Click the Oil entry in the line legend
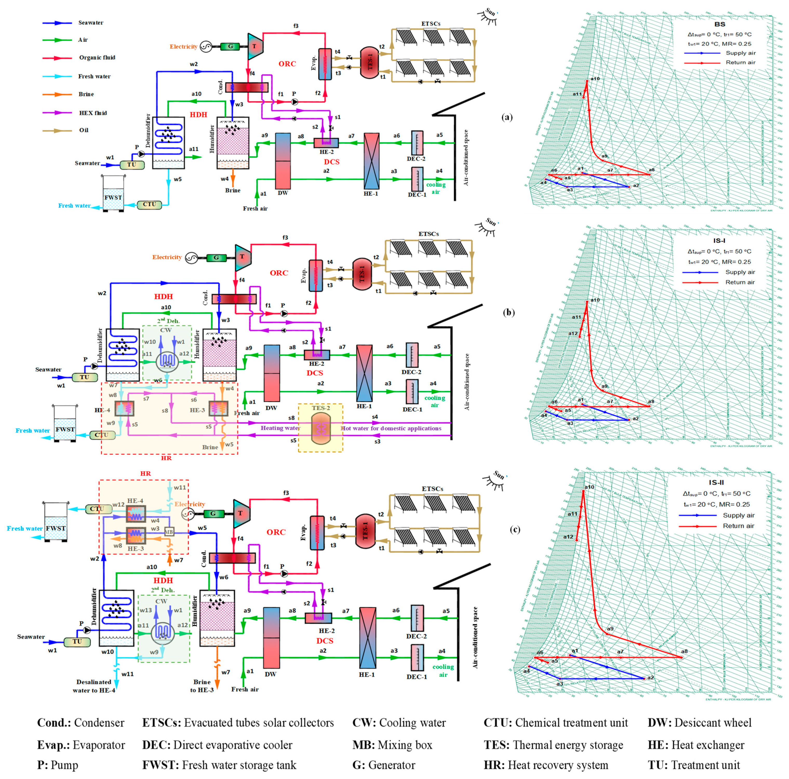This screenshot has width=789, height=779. pos(83,130)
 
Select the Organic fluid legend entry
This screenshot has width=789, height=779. pos(97,58)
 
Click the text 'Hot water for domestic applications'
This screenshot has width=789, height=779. pos(391,428)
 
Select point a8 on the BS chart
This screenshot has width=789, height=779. pos(649,175)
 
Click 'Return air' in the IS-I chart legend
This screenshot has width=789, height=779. pos(740,282)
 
